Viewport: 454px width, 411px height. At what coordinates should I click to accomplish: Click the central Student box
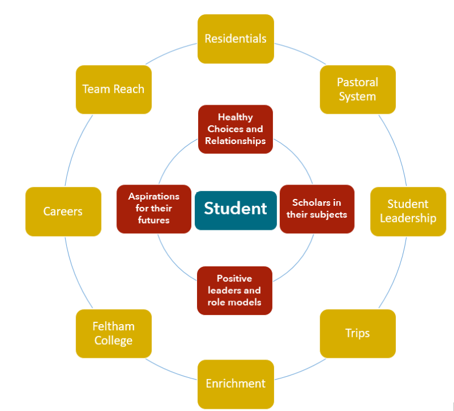(x=235, y=210)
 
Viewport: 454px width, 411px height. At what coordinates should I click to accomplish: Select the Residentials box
(x=235, y=39)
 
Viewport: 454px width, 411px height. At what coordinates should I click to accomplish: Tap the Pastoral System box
(x=357, y=89)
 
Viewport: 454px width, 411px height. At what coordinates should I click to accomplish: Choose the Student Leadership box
(x=408, y=211)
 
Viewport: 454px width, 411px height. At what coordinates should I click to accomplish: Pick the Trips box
(x=357, y=333)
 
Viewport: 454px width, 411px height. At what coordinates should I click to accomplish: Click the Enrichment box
(x=235, y=384)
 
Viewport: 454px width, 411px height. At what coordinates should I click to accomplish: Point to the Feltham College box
(x=114, y=333)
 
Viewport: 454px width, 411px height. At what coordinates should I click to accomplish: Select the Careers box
(x=63, y=212)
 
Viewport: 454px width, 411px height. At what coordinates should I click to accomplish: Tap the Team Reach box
(x=114, y=89)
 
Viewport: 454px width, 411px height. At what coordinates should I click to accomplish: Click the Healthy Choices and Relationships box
(x=235, y=129)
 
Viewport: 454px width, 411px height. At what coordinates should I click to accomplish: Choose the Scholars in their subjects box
(x=317, y=209)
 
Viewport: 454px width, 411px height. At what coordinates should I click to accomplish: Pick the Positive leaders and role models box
(x=234, y=290)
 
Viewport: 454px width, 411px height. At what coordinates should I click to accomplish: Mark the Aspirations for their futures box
(x=154, y=209)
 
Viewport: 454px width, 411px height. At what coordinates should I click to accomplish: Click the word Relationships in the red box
(x=235, y=141)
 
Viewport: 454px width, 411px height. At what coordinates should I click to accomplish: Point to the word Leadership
(x=408, y=218)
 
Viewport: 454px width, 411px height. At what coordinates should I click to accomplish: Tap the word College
(x=114, y=341)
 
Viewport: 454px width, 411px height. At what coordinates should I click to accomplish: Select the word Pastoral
(x=357, y=82)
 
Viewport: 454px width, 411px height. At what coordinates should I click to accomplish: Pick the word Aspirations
(x=154, y=197)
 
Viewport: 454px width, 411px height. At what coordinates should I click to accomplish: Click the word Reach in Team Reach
(x=129, y=89)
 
